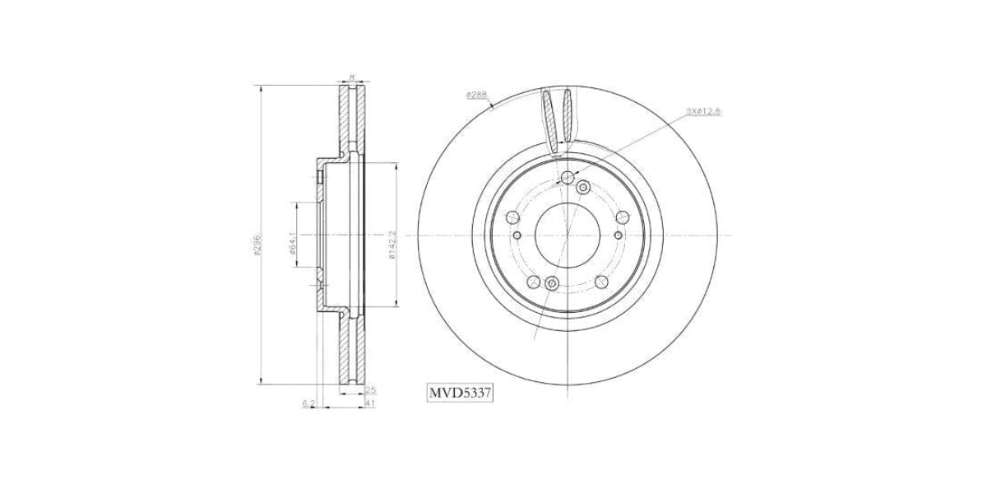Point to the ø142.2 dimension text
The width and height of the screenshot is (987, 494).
pos(392,245)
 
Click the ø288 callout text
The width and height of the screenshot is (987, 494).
pos(476,95)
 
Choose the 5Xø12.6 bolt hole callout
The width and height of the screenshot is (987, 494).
pos(703,110)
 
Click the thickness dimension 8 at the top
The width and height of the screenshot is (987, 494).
pos(353,77)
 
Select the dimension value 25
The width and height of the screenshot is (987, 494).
pos(370,389)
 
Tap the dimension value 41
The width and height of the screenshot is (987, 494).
pos(370,403)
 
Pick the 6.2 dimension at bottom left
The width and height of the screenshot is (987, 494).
pos(308,403)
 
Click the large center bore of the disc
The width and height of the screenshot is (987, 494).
pos(567,234)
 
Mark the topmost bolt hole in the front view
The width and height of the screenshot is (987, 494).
pos(567,177)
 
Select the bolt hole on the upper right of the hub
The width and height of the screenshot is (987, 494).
pos(621,217)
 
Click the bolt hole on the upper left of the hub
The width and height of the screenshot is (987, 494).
pos(512,217)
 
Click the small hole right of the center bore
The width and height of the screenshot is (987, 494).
pos(612,234)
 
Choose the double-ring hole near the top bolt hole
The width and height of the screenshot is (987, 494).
pos(582,188)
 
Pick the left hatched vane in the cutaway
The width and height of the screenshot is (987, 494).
pos(549,119)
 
